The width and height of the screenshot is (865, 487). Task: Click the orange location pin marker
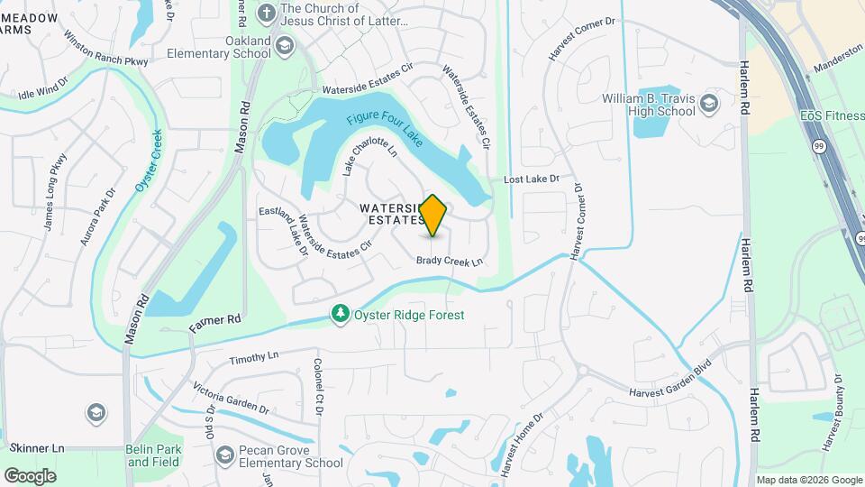(x=433, y=215)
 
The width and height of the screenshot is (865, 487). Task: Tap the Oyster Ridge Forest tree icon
(x=340, y=314)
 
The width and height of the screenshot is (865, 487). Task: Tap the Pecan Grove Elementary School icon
(x=225, y=456)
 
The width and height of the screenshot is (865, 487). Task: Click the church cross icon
(x=267, y=14)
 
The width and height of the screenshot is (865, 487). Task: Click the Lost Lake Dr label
(x=532, y=179)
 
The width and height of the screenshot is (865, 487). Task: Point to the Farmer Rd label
(x=215, y=320)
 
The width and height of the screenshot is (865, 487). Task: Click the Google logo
(x=30, y=475)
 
